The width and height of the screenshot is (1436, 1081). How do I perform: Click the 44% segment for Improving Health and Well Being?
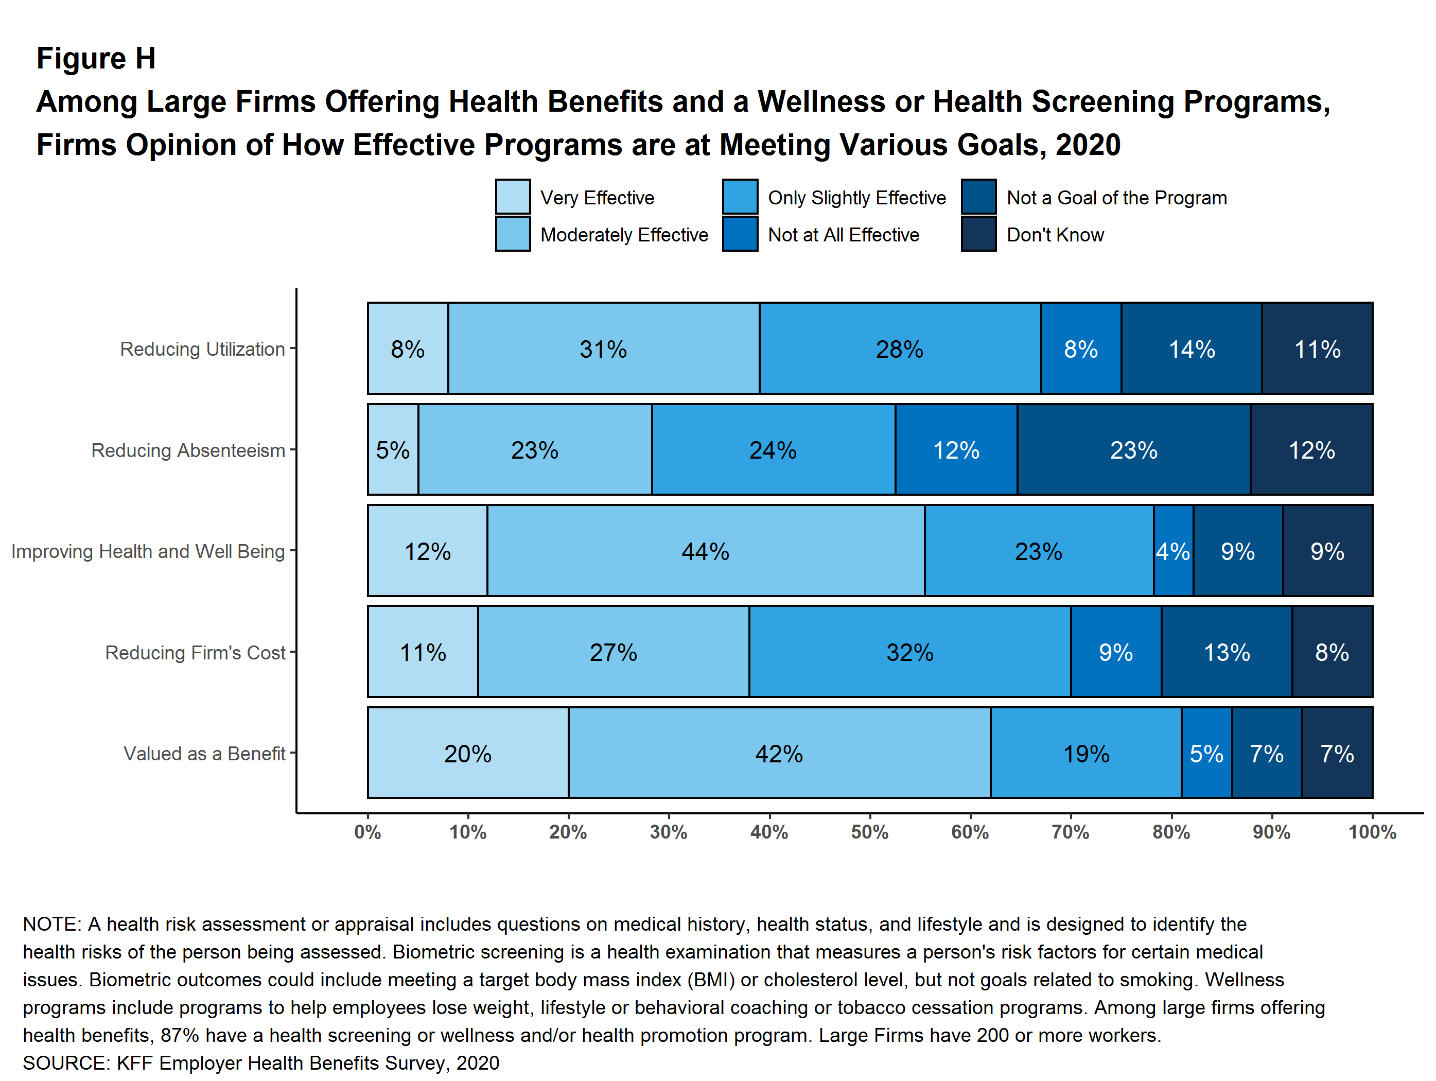(x=706, y=551)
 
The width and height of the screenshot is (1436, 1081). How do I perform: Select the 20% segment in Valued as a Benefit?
(x=467, y=753)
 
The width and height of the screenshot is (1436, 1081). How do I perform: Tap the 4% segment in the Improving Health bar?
(x=1173, y=551)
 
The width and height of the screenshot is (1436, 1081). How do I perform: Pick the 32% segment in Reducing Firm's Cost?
(x=909, y=652)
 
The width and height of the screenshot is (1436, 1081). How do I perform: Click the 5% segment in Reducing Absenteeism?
(x=393, y=450)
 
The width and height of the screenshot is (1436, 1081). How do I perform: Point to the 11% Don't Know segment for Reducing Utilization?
(x=1317, y=348)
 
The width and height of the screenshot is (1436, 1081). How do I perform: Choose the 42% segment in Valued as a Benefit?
(x=779, y=753)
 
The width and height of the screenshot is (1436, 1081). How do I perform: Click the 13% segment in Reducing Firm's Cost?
(x=1227, y=652)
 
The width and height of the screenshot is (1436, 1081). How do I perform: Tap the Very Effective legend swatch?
(x=513, y=197)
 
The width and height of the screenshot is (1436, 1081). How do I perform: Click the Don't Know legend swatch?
(x=978, y=234)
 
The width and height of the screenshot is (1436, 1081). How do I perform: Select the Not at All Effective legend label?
(x=843, y=234)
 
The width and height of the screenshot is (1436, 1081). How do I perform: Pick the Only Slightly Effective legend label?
(x=856, y=197)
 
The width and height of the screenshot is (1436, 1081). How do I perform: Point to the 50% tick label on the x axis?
(x=869, y=832)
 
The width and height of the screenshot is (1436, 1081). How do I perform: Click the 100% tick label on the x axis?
(x=1372, y=832)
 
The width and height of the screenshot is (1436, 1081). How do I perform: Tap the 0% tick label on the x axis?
(x=367, y=832)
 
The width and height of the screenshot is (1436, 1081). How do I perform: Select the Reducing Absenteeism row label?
(x=188, y=450)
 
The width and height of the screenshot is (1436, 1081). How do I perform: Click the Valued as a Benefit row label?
(x=204, y=753)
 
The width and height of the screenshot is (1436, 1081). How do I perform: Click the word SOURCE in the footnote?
(x=64, y=1063)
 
